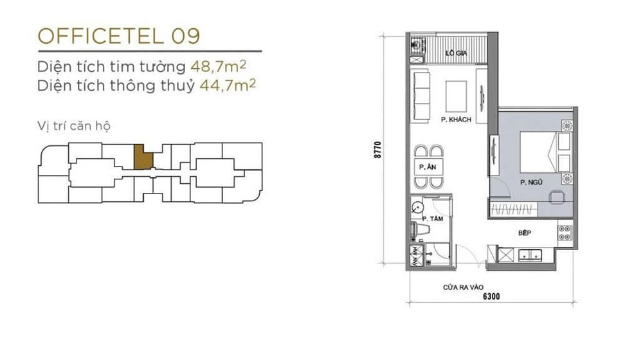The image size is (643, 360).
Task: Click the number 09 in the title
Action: pos(186,36)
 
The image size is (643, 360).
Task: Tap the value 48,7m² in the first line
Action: pos(218,66)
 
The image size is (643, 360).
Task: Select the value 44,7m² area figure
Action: pos(228,85)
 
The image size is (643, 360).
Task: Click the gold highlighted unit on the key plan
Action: pos(143,157)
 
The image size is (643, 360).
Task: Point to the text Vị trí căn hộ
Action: pos(74,126)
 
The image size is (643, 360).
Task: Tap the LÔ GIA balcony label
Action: pos(456,53)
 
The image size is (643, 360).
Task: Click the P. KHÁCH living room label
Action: pos(456,120)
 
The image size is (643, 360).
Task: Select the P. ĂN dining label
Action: pos(428,167)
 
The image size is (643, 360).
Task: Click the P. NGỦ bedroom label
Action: pos(531,182)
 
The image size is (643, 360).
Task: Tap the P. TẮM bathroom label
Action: pos(433,219)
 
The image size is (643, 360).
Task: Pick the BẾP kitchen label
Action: pos(525,233)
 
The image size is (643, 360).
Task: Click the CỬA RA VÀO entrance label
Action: pos(463,287)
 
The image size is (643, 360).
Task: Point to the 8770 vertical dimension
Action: pos(377,150)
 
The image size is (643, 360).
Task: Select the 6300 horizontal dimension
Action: pos(491,296)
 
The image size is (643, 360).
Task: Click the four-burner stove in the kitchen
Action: pos(565,233)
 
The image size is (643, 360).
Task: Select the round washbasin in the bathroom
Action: pos(417,208)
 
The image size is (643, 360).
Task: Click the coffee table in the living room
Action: pos(456,96)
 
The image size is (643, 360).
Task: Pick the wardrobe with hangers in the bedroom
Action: pos(513,210)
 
